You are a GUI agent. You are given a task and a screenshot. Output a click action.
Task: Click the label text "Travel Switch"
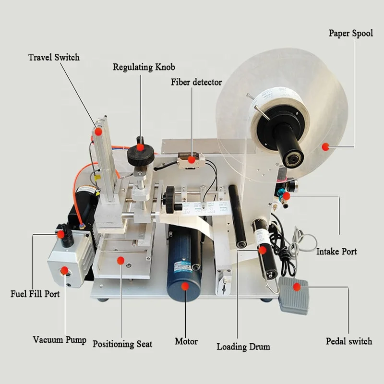(x=54, y=58)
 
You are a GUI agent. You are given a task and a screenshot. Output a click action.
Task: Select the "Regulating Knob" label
(x=144, y=67)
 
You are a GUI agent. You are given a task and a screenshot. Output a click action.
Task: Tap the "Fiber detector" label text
(x=196, y=82)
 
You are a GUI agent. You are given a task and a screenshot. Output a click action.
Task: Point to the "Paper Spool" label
(x=350, y=34)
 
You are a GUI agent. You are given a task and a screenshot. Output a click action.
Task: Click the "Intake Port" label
(x=336, y=252)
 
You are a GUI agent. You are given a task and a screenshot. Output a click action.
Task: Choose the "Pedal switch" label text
(x=349, y=341)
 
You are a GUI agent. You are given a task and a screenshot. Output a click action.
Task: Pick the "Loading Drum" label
(x=243, y=347)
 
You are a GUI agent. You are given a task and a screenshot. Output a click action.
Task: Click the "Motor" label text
(x=186, y=342)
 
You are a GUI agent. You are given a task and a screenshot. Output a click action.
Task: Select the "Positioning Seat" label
(x=122, y=344)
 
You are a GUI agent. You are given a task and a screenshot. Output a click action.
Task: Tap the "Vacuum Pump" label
(x=60, y=340)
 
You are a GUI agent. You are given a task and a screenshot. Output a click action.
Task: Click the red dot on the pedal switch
(x=297, y=287)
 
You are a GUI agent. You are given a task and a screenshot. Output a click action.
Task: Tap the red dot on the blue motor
(x=185, y=286)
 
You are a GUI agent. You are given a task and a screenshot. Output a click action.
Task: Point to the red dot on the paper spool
(x=325, y=146)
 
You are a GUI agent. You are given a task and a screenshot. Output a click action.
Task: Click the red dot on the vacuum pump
(x=64, y=271)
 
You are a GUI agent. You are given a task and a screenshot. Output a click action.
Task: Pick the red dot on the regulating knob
(x=140, y=148)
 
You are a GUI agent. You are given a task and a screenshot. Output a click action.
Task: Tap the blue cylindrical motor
(x=185, y=269)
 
